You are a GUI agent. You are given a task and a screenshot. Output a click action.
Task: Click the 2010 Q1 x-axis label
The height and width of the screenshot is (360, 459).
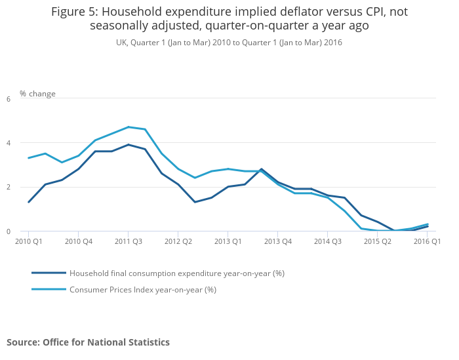point(28,241)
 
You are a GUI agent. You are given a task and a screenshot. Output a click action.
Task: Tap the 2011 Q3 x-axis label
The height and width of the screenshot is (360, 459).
point(128,241)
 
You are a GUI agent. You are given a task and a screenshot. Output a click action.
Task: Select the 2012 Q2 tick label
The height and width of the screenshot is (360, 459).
point(178,241)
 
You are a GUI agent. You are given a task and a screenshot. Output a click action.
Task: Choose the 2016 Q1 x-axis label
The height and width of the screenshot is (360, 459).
point(427,241)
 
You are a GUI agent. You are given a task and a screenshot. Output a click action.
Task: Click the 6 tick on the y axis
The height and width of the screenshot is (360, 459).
point(8,99)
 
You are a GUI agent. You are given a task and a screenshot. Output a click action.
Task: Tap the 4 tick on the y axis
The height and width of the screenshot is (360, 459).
point(8,143)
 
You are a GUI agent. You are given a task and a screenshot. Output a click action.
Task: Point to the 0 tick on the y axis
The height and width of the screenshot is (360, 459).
point(8,231)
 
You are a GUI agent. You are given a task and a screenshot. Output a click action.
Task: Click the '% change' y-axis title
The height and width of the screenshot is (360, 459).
point(37,94)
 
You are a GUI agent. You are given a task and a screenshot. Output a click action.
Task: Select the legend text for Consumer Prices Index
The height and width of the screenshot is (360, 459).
point(142,289)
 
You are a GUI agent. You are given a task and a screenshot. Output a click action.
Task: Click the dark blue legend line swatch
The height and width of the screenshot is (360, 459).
point(49,273)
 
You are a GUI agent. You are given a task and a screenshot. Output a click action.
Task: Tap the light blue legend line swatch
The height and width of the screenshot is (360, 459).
point(49,289)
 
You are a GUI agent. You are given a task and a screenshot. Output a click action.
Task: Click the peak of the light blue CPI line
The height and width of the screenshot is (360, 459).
point(128,127)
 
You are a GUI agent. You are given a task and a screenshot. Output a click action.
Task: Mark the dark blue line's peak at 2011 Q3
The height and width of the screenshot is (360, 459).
point(128,145)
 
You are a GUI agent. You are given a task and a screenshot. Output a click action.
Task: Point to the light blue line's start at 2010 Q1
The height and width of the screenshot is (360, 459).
point(28,158)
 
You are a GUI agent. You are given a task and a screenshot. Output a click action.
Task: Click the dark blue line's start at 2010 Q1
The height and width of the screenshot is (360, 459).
point(28,202)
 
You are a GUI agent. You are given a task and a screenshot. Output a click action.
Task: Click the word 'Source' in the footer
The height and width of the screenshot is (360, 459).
point(23,342)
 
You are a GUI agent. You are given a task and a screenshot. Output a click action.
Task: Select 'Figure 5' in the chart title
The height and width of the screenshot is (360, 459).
point(74,11)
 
